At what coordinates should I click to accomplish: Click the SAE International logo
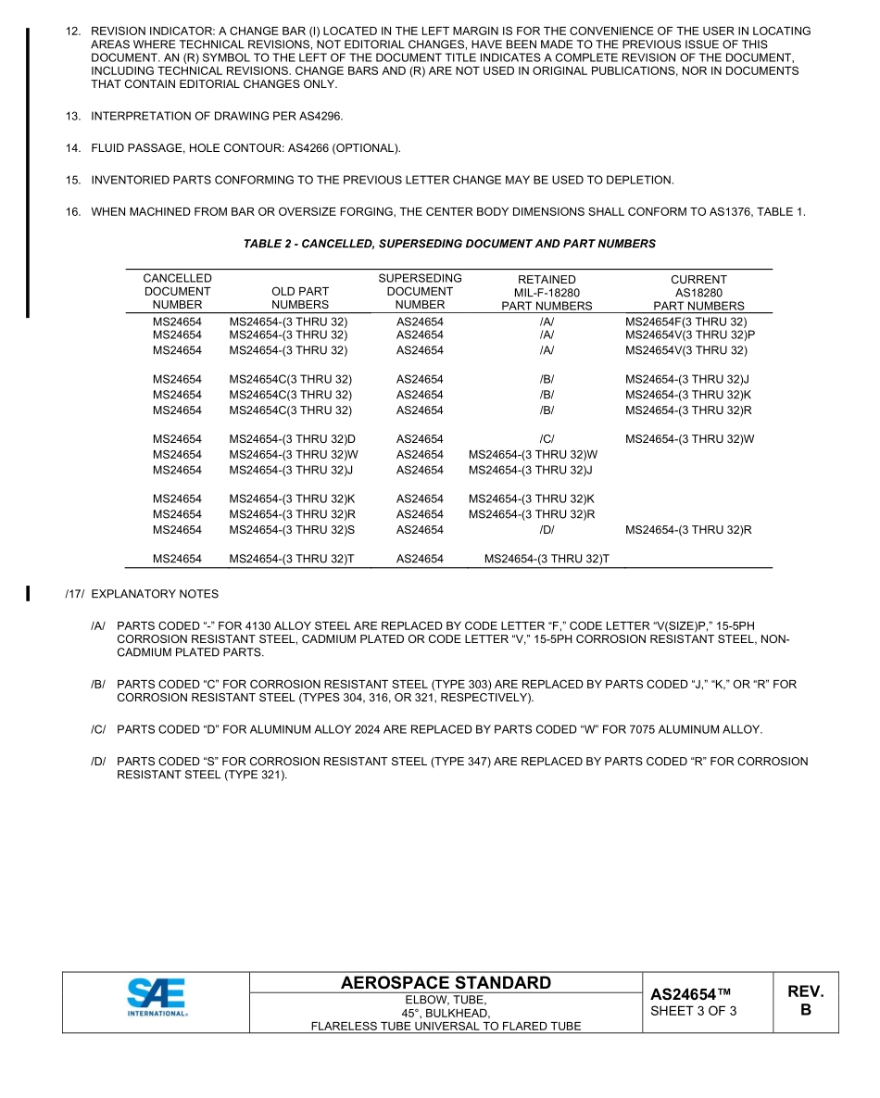point(157,1000)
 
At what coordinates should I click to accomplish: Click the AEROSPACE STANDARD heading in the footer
point(446,983)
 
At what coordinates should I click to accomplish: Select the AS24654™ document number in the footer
point(691,994)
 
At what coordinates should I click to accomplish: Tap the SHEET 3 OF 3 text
point(694,1011)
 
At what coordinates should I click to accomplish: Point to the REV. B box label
point(805,1001)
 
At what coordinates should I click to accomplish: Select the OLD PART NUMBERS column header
point(300,297)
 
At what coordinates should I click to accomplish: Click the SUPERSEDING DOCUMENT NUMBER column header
point(420,291)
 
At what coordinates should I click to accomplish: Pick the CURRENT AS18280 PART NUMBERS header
point(698,292)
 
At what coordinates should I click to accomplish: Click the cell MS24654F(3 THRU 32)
point(685,322)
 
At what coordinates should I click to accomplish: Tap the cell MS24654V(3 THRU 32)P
point(690,334)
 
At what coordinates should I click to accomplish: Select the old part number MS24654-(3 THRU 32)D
point(293,439)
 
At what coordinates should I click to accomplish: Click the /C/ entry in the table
point(547,439)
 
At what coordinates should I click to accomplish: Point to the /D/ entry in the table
point(547,530)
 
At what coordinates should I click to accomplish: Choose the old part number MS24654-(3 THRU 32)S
point(293,530)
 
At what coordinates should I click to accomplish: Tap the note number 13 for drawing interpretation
point(72,116)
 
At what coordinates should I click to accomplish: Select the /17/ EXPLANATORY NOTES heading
point(142,594)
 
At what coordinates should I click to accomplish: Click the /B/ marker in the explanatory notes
point(98,685)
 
